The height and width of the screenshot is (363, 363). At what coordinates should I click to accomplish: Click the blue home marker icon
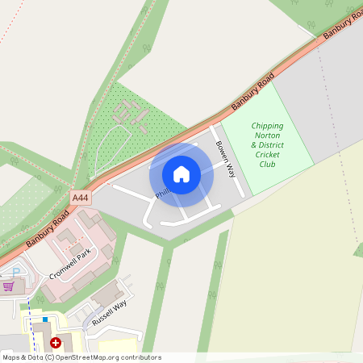pyautogui.click(x=181, y=174)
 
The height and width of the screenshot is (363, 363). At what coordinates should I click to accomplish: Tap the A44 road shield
pyautogui.click(x=80, y=197)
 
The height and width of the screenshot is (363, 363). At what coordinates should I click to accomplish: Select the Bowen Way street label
pyautogui.click(x=225, y=159)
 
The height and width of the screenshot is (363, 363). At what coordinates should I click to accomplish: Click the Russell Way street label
pyautogui.click(x=109, y=311)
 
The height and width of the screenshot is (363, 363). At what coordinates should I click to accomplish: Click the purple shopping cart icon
pyautogui.click(x=9, y=286)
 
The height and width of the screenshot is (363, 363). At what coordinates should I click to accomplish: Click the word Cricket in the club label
pyautogui.click(x=267, y=154)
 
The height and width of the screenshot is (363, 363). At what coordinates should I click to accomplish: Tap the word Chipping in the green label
pyautogui.click(x=267, y=126)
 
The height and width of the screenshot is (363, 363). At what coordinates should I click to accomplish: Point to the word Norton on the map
pyautogui.click(x=267, y=136)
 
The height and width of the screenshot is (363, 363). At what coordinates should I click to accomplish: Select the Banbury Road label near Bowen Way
pyautogui.click(x=252, y=91)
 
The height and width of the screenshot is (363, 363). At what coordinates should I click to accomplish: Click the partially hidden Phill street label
pyautogui.click(x=164, y=193)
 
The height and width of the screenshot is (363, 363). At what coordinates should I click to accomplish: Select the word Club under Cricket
pyautogui.click(x=267, y=164)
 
